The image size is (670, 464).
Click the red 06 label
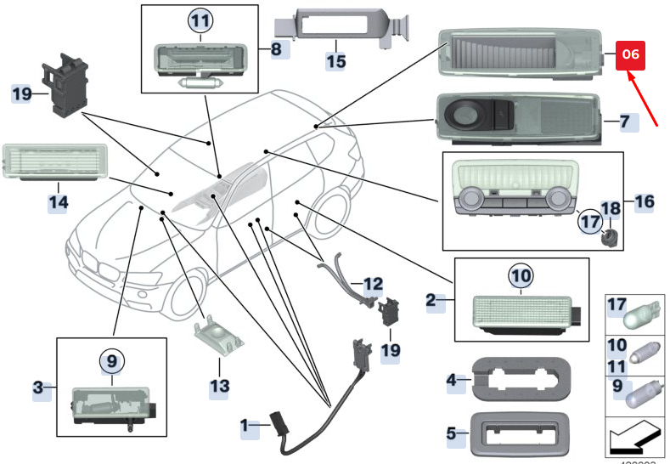coord(630,54)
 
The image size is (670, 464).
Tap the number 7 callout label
coord(624,122)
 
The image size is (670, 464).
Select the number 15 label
coord(336,61)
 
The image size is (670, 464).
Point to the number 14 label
coord(57,202)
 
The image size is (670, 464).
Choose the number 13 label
coord(219,387)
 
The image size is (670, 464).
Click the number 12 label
coord(373,282)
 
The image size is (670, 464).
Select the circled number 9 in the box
coord(112,360)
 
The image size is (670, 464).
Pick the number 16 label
coord(645,201)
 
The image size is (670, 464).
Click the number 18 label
coord(611,209)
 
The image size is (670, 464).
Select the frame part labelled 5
coord(519,433)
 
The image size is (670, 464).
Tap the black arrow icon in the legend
coord(635,439)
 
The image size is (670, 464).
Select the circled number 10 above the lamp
coord(521,276)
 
